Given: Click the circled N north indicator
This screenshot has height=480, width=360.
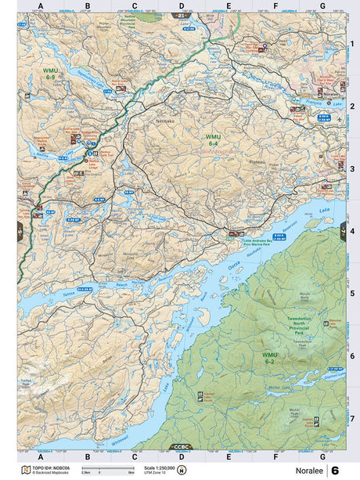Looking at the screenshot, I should [x=182, y=470].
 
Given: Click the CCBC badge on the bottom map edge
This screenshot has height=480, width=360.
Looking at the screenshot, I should [x=181, y=447].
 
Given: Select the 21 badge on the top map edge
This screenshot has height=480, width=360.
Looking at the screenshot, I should [x=181, y=15].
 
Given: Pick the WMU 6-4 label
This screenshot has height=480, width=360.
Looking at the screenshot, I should [x=213, y=139].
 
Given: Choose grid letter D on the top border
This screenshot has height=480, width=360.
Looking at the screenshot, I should [x=182, y=6].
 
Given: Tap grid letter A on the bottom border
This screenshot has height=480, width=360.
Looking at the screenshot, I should [x=41, y=456].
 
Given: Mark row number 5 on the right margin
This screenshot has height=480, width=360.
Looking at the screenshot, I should [x=352, y=294].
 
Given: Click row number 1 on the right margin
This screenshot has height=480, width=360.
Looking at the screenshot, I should [x=352, y=44].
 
